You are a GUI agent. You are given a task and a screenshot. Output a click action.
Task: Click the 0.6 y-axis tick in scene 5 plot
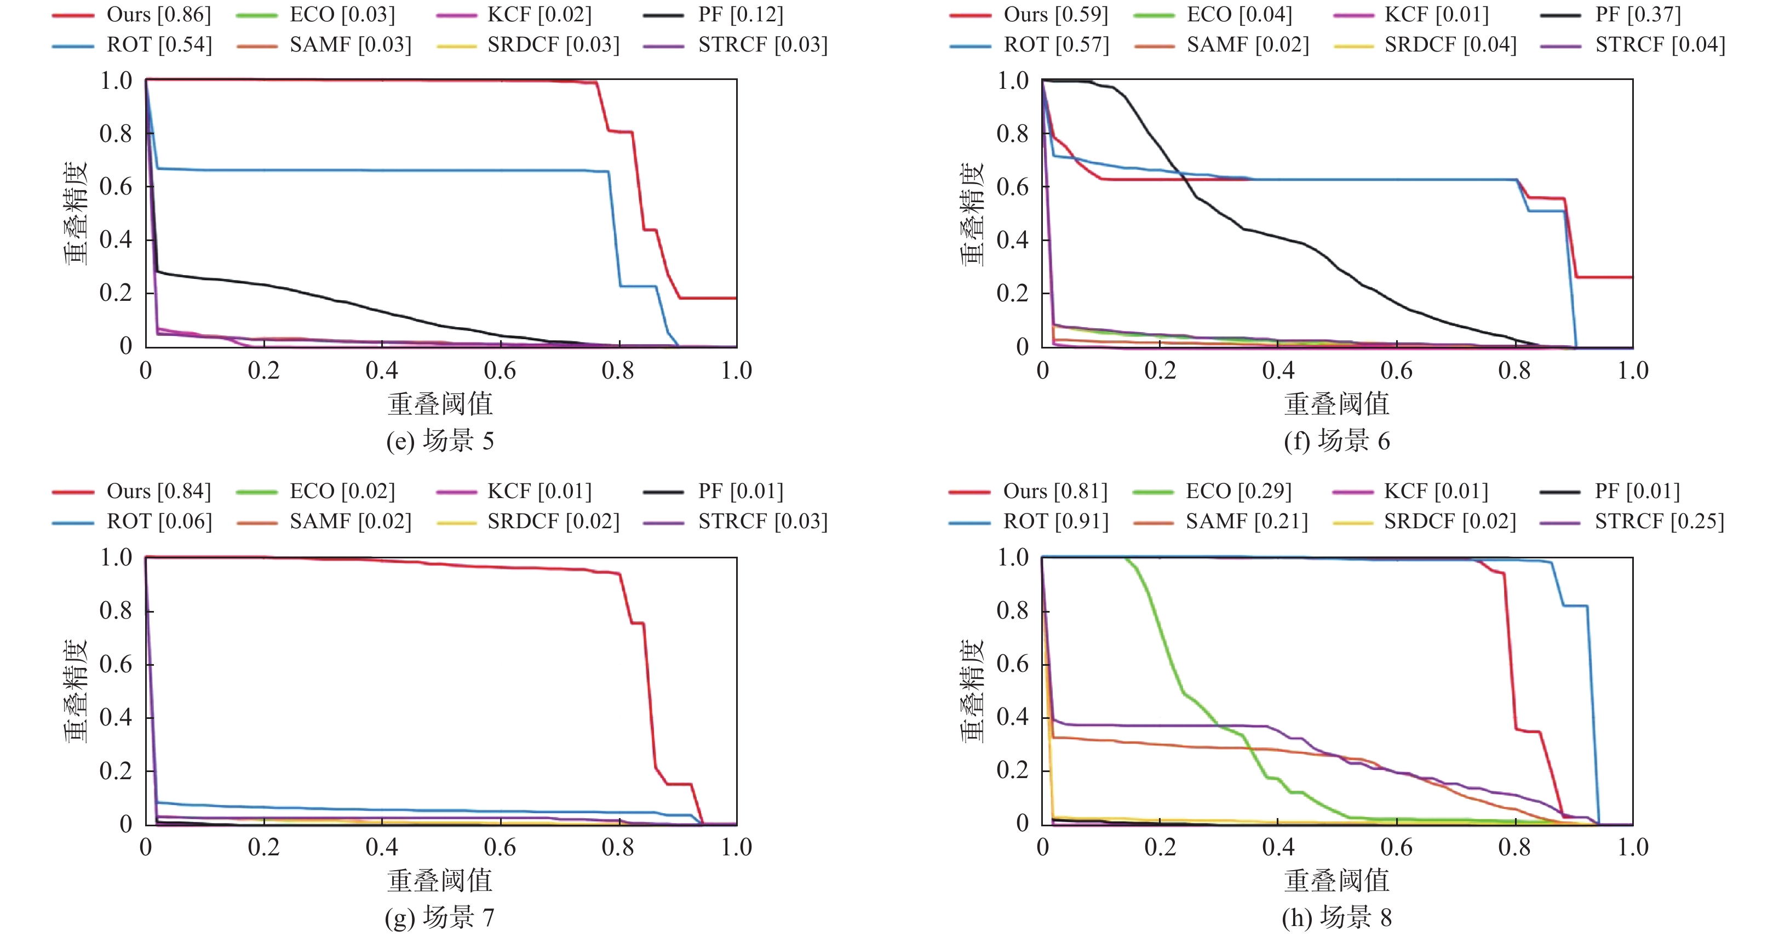(x=116, y=186)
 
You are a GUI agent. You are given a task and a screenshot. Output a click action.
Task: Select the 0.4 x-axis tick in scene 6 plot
(x=1278, y=371)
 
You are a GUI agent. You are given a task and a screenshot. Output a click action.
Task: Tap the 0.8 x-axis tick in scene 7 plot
(x=618, y=848)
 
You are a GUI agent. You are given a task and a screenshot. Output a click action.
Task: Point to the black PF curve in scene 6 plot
(x=1243, y=228)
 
